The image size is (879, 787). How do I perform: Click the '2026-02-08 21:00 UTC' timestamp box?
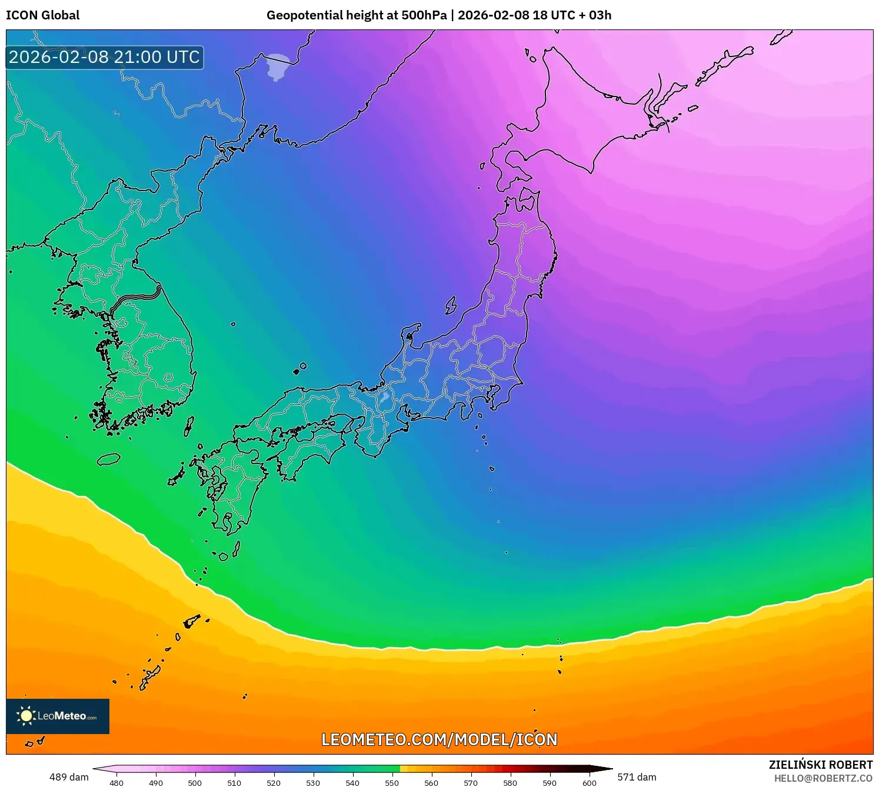point(105,58)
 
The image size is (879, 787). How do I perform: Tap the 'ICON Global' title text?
point(43,15)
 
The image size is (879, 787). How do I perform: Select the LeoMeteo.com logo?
point(58,716)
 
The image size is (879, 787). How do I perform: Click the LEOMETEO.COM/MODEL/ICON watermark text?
point(439,739)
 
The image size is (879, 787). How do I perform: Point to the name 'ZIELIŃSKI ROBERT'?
point(820,765)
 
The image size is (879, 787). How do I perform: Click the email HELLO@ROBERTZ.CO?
point(823,778)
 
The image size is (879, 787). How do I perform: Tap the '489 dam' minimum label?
point(69,777)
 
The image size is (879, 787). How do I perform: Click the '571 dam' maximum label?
point(637,777)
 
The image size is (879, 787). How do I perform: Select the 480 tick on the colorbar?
point(116,783)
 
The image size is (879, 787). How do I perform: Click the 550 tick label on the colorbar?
point(392,783)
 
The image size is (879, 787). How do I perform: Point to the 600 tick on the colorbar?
point(589,783)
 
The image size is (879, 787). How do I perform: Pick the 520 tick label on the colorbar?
point(274,783)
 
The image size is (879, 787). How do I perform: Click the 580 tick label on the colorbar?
point(510,783)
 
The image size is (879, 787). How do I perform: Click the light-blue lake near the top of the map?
point(277,66)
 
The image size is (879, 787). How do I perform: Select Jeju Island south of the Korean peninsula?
point(108,459)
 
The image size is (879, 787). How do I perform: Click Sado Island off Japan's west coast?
point(451,305)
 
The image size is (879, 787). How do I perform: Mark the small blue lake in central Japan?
point(384,398)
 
